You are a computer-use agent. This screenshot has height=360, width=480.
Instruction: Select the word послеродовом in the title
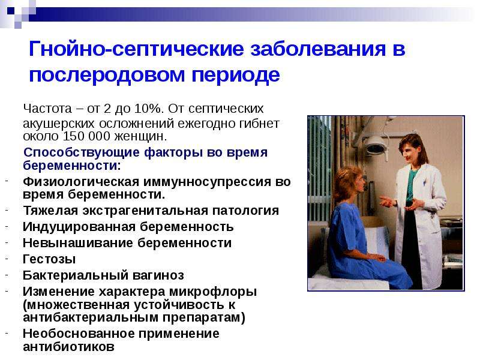(x=107, y=75)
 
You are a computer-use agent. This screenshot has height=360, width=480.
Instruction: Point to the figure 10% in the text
(x=148, y=109)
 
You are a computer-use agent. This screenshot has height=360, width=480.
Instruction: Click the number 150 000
(x=86, y=136)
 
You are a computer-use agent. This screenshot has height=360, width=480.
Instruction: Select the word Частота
(x=47, y=109)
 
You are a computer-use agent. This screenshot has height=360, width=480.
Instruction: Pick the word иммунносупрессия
(x=207, y=182)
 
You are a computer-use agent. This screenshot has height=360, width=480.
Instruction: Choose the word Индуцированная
(x=79, y=227)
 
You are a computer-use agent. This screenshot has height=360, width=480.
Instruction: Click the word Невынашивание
(x=78, y=243)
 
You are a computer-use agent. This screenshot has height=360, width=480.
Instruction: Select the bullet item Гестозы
(x=49, y=259)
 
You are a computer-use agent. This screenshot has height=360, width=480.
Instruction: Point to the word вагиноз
(x=158, y=275)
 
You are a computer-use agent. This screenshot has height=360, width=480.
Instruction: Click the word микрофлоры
(x=213, y=292)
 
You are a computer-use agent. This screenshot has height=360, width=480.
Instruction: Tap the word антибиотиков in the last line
(x=68, y=347)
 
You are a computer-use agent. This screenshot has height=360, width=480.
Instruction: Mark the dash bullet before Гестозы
(x=7, y=258)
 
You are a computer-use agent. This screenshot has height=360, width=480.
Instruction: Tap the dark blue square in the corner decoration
(x=11, y=11)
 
